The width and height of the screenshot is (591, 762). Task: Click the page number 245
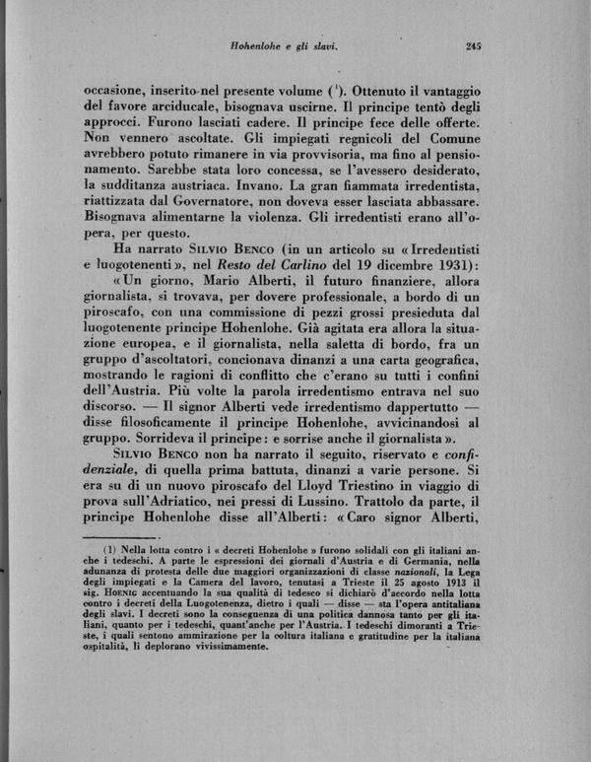coord(467,44)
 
